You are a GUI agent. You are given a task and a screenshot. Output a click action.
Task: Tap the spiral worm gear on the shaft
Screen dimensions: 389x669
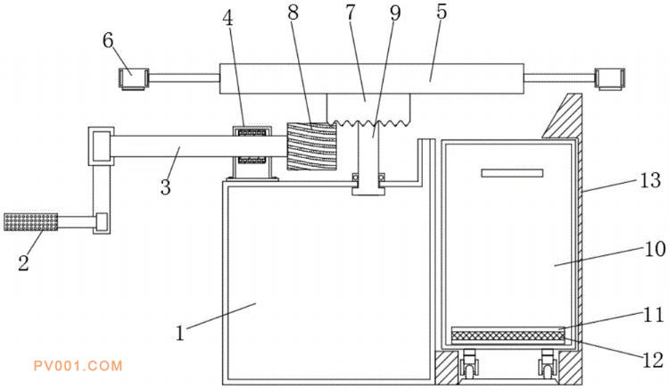[312, 145]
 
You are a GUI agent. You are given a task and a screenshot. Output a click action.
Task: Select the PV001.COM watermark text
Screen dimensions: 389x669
[77, 365]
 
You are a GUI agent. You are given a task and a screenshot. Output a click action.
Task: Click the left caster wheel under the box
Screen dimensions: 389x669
[467, 365]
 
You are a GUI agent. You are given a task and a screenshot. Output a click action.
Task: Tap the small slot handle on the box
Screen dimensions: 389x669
[512, 172]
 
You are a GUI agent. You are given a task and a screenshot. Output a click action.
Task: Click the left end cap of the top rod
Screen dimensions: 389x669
[131, 80]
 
